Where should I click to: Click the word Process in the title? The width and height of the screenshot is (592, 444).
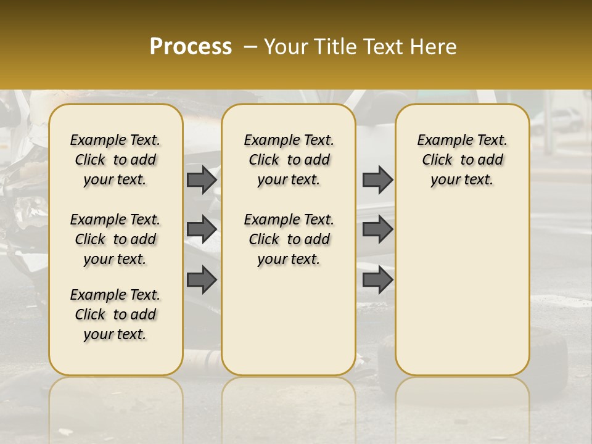pos(191,47)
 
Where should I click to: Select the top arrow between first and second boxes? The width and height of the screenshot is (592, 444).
pos(202,179)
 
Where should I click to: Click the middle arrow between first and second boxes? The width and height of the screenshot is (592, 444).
pos(202,229)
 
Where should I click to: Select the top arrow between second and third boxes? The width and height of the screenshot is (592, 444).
pos(377,179)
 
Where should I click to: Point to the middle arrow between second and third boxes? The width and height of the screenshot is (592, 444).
pos(377,229)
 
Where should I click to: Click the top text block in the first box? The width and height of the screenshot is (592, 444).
pos(115,160)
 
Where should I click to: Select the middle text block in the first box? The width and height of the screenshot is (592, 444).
pos(115,239)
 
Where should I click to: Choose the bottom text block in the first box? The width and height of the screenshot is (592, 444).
pos(115,314)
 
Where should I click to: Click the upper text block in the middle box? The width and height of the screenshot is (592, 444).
pos(289,160)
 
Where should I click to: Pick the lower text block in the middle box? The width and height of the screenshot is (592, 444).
pos(289,239)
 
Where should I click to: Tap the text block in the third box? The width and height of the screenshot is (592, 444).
pos(462,160)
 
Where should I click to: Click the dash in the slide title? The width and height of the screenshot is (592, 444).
pos(250,47)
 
